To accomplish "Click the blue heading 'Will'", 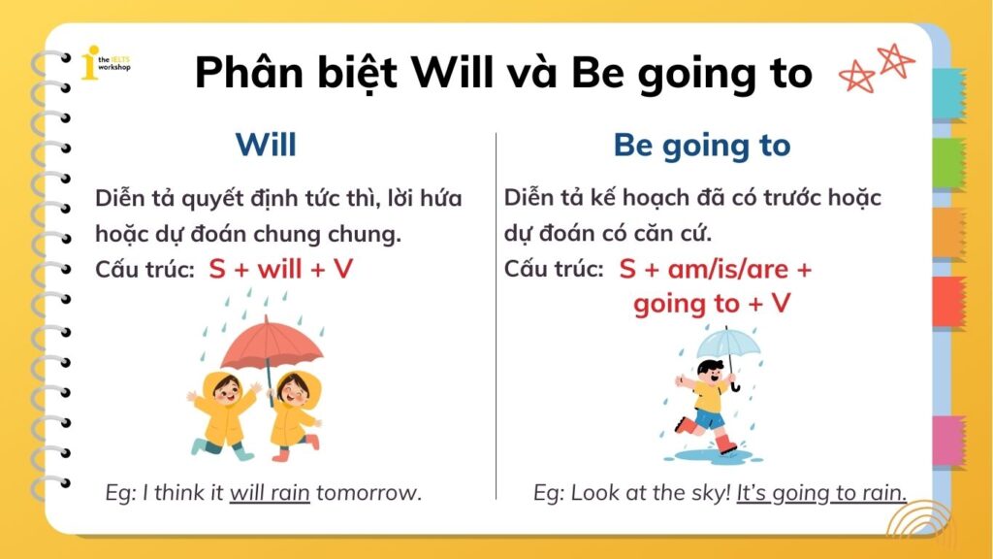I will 265,146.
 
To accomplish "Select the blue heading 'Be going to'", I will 701,146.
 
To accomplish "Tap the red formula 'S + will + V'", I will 280,269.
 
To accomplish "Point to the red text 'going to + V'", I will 712,304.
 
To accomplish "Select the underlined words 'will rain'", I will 270,492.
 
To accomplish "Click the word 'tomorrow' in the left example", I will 368,492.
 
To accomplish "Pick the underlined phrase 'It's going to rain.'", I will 821,492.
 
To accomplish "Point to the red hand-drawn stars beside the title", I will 876,68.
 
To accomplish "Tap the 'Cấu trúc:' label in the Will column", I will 144,270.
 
